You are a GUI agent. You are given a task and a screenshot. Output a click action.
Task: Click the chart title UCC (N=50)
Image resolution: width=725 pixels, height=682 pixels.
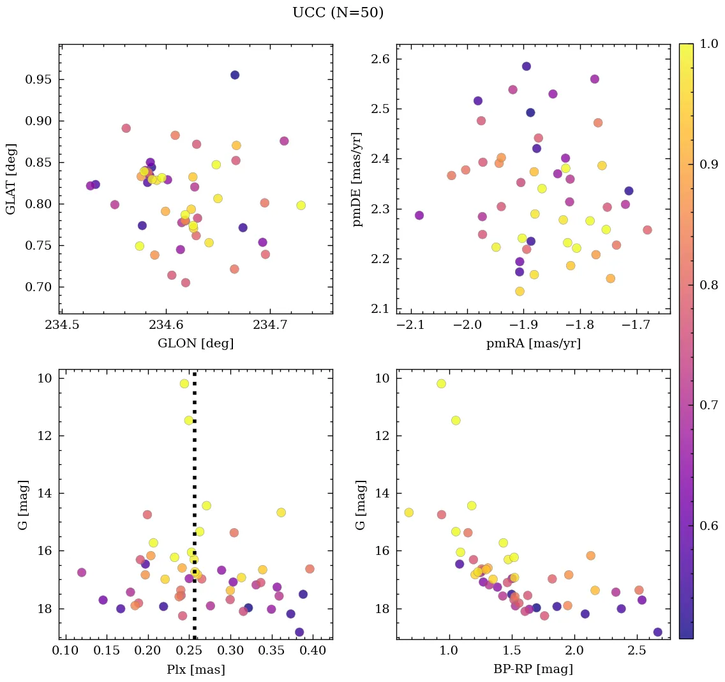[338, 13]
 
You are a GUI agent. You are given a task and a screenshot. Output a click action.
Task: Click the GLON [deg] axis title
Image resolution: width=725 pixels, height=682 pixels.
[195, 344]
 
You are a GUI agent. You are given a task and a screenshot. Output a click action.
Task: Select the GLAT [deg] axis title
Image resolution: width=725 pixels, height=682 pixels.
[11, 179]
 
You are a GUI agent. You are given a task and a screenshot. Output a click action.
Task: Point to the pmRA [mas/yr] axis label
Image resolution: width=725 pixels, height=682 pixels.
[533, 344]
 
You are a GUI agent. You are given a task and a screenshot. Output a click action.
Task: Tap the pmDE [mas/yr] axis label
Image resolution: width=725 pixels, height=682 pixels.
[357, 179]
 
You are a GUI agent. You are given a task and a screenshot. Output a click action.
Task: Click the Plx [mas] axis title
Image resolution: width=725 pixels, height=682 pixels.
[195, 669]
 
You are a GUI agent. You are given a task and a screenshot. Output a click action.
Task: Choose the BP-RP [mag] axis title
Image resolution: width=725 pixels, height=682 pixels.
[533, 669]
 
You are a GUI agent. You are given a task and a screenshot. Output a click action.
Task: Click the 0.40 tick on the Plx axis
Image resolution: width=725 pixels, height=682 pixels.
[312, 651]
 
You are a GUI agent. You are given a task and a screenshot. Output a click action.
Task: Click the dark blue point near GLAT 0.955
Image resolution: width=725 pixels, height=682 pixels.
[235, 75]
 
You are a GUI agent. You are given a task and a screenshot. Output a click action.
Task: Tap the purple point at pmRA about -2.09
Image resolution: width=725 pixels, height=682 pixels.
[419, 215]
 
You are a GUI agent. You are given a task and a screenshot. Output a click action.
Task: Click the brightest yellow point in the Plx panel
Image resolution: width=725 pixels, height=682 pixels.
[184, 384]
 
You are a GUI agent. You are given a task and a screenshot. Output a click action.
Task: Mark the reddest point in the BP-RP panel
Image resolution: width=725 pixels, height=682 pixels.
[657, 632]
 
